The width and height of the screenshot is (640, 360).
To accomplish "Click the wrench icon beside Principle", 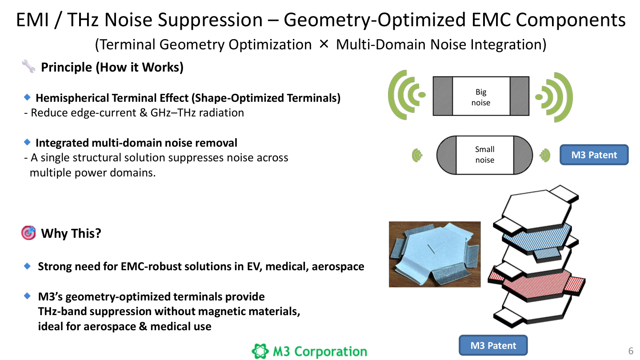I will [28, 68].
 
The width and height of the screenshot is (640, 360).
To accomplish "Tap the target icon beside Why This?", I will [28, 233].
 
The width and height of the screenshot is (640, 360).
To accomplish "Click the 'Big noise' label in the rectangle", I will [481, 97].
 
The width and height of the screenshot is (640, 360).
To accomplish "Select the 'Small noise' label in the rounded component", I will [484, 155].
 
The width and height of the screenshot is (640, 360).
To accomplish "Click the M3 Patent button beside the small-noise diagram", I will [594, 155].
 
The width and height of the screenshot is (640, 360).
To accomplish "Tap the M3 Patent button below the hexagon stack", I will [493, 345].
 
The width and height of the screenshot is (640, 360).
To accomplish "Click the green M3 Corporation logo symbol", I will [260, 352].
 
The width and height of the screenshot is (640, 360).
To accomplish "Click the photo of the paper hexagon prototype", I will [435, 254].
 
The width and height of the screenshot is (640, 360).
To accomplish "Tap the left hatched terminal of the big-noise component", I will [443, 96].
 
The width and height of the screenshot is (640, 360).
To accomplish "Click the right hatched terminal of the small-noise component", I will [523, 155].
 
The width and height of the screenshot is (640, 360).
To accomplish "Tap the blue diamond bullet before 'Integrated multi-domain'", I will [28, 142].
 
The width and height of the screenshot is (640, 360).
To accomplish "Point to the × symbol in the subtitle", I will [324, 44].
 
